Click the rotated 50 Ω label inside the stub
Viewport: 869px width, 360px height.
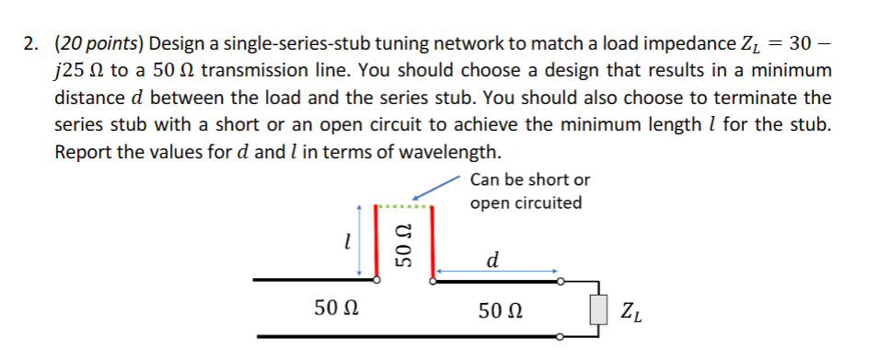click(401, 244)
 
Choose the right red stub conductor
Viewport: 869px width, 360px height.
click(427, 241)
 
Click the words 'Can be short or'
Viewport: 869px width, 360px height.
click(529, 180)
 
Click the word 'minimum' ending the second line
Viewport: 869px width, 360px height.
click(787, 71)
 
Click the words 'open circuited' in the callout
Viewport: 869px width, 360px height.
click(525, 203)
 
